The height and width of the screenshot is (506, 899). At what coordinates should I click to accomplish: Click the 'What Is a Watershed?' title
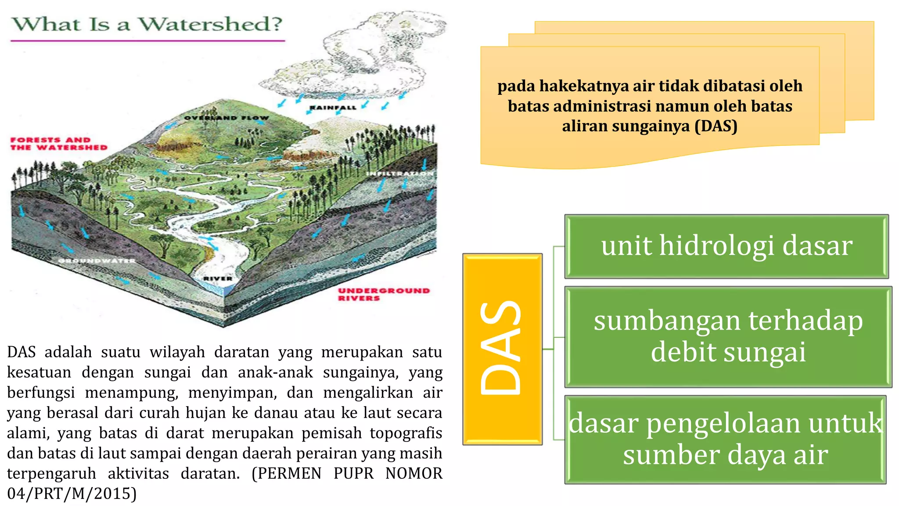[x=147, y=24]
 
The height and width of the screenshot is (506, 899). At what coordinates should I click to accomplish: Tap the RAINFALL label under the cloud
[x=333, y=108]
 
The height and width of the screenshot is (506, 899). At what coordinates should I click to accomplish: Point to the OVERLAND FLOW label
[x=226, y=118]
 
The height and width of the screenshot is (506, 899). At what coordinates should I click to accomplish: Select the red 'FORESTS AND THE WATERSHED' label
[x=59, y=144]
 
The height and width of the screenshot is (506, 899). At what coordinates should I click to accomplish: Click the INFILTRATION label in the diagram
[x=400, y=174]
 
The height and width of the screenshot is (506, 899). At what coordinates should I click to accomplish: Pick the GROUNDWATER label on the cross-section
[x=97, y=261]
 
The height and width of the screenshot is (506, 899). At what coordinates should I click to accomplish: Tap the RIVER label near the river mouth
[x=218, y=278]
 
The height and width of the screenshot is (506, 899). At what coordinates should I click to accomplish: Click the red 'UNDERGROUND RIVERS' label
[x=383, y=294]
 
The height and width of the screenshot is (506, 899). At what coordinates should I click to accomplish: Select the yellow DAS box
[x=502, y=349]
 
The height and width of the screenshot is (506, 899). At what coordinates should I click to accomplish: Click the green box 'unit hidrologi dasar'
[x=726, y=246]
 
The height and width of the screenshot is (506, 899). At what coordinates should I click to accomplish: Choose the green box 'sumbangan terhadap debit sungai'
[x=728, y=337]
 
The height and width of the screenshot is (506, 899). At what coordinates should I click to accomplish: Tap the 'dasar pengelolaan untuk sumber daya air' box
[x=725, y=439]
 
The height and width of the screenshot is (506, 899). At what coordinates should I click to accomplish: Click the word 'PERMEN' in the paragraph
[x=289, y=473]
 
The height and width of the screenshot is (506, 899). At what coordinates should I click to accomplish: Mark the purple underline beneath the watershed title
[x=147, y=41]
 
